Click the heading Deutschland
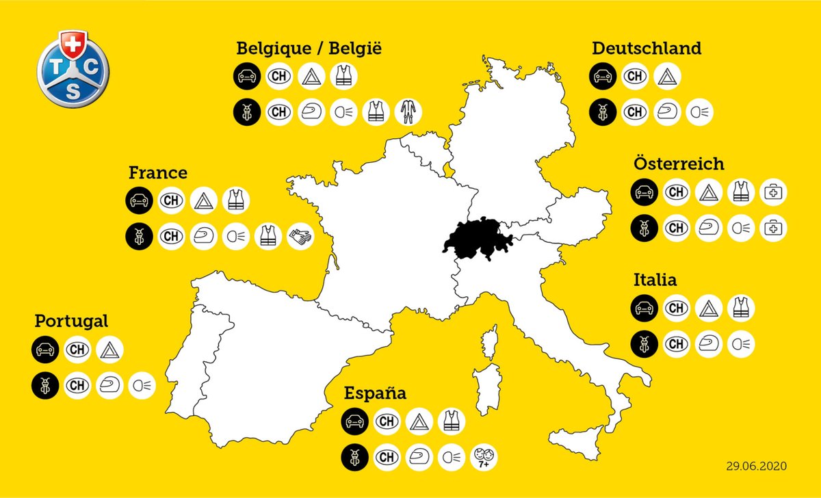[x=646, y=49]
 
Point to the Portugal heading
[x=71, y=321]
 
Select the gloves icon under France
[x=299, y=236]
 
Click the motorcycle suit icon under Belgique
[x=409, y=112]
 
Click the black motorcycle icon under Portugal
[x=44, y=385]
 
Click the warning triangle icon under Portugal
[x=109, y=350]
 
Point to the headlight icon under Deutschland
[x=698, y=112]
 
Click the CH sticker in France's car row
[x=171, y=200]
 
